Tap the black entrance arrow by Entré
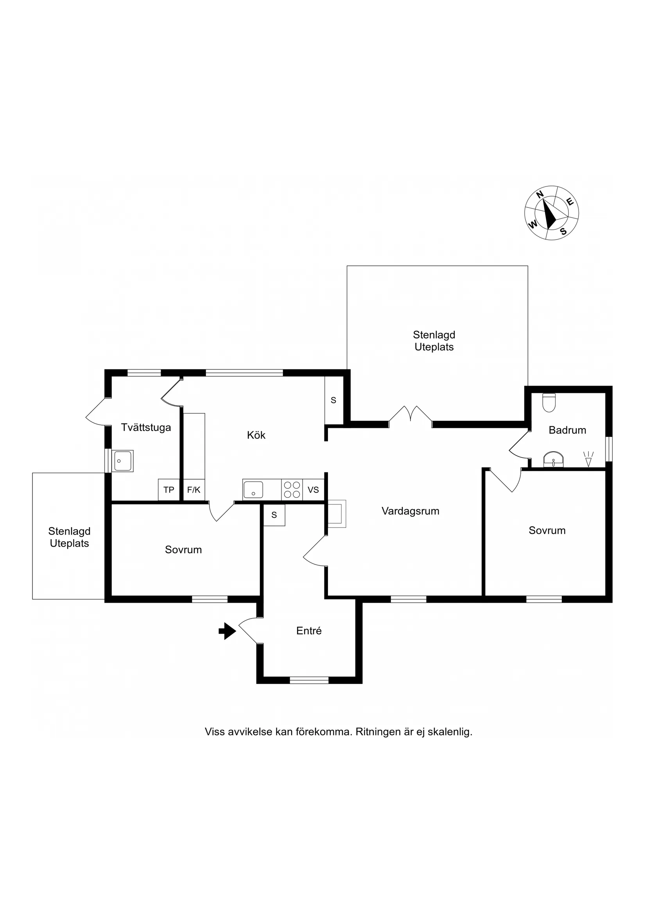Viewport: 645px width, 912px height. [228, 631]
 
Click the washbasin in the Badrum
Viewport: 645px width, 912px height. [553, 460]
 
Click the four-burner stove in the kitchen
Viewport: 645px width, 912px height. [292, 490]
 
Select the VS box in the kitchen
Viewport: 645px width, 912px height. [313, 490]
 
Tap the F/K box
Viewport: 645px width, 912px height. [193, 490]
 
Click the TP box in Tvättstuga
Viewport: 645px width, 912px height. [169, 490]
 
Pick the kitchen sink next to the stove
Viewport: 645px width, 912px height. [253, 489]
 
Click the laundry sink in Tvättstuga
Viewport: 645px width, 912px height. [122, 461]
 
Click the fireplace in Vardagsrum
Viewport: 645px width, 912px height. [336, 513]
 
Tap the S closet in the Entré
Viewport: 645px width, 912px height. [274, 515]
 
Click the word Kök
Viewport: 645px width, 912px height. [256, 435]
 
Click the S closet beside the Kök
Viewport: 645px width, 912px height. [333, 401]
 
